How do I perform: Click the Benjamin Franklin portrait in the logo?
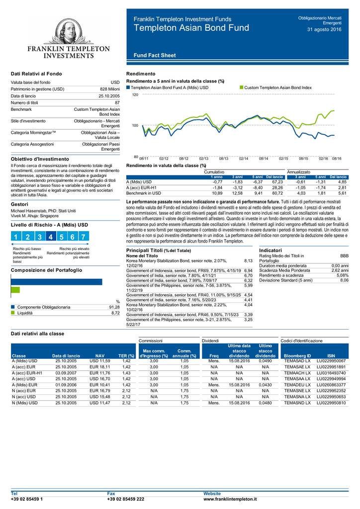click(69, 31)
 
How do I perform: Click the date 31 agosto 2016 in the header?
click(324, 29)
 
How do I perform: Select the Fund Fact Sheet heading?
click(155, 55)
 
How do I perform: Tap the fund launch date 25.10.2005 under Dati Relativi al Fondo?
click(109, 96)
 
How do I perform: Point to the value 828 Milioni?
click(110, 89)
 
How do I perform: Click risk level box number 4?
click(51, 236)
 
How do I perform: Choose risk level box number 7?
click(84, 236)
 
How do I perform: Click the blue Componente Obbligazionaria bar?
click(57, 282)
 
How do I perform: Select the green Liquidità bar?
click(15, 290)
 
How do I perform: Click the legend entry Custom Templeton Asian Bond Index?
click(278, 87)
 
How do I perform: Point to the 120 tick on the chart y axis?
click(135, 95)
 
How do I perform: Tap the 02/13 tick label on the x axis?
click(203, 159)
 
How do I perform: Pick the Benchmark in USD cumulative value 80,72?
click(277, 193)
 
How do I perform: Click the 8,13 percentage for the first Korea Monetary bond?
click(248, 260)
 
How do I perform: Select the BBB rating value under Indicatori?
click(345, 256)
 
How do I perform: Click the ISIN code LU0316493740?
click(331, 373)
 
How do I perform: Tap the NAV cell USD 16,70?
click(99, 379)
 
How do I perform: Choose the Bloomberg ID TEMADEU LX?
click(297, 385)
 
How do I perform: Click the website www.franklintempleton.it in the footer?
click(230, 499)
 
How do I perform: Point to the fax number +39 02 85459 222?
click(126, 499)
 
